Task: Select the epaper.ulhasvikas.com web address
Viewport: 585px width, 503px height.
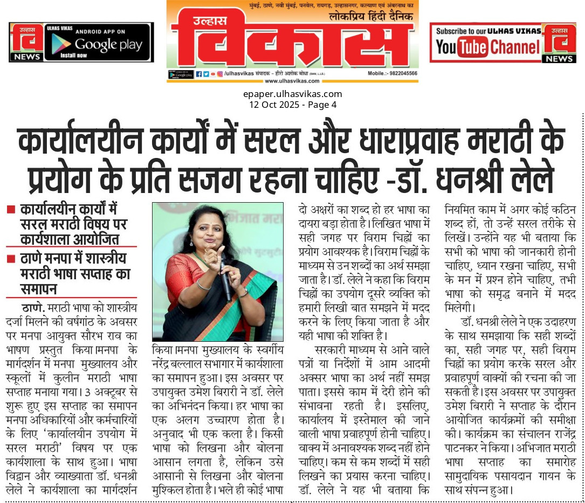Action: [x=292, y=94]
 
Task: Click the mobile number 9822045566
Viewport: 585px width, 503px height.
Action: [x=400, y=73]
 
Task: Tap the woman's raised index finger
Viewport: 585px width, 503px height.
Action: [x=221, y=249]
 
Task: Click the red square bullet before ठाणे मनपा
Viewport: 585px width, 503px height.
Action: [x=10, y=259]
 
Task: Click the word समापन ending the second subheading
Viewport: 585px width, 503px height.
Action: [x=39, y=288]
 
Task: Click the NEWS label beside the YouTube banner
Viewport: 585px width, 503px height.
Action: [x=559, y=58]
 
